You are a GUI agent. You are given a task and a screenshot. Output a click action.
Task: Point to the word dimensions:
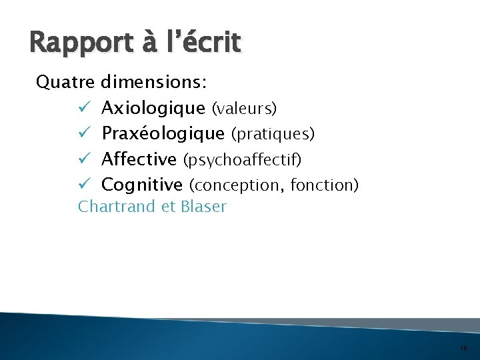[154, 82]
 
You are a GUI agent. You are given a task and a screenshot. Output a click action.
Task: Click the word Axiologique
[153, 108]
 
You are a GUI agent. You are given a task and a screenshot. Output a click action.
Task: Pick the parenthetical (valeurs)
[244, 108]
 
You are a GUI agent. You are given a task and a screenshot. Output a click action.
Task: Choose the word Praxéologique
[163, 133]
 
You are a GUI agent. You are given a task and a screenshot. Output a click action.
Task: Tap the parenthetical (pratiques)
[273, 134]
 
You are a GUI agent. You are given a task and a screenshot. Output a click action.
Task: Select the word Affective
[139, 159]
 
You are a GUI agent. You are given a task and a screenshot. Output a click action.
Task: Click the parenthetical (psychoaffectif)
[242, 160]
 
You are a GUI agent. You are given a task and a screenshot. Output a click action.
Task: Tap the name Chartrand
[117, 207]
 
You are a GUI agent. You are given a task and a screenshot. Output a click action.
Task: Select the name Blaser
[203, 207]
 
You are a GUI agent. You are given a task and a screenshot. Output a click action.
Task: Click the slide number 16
[464, 349]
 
